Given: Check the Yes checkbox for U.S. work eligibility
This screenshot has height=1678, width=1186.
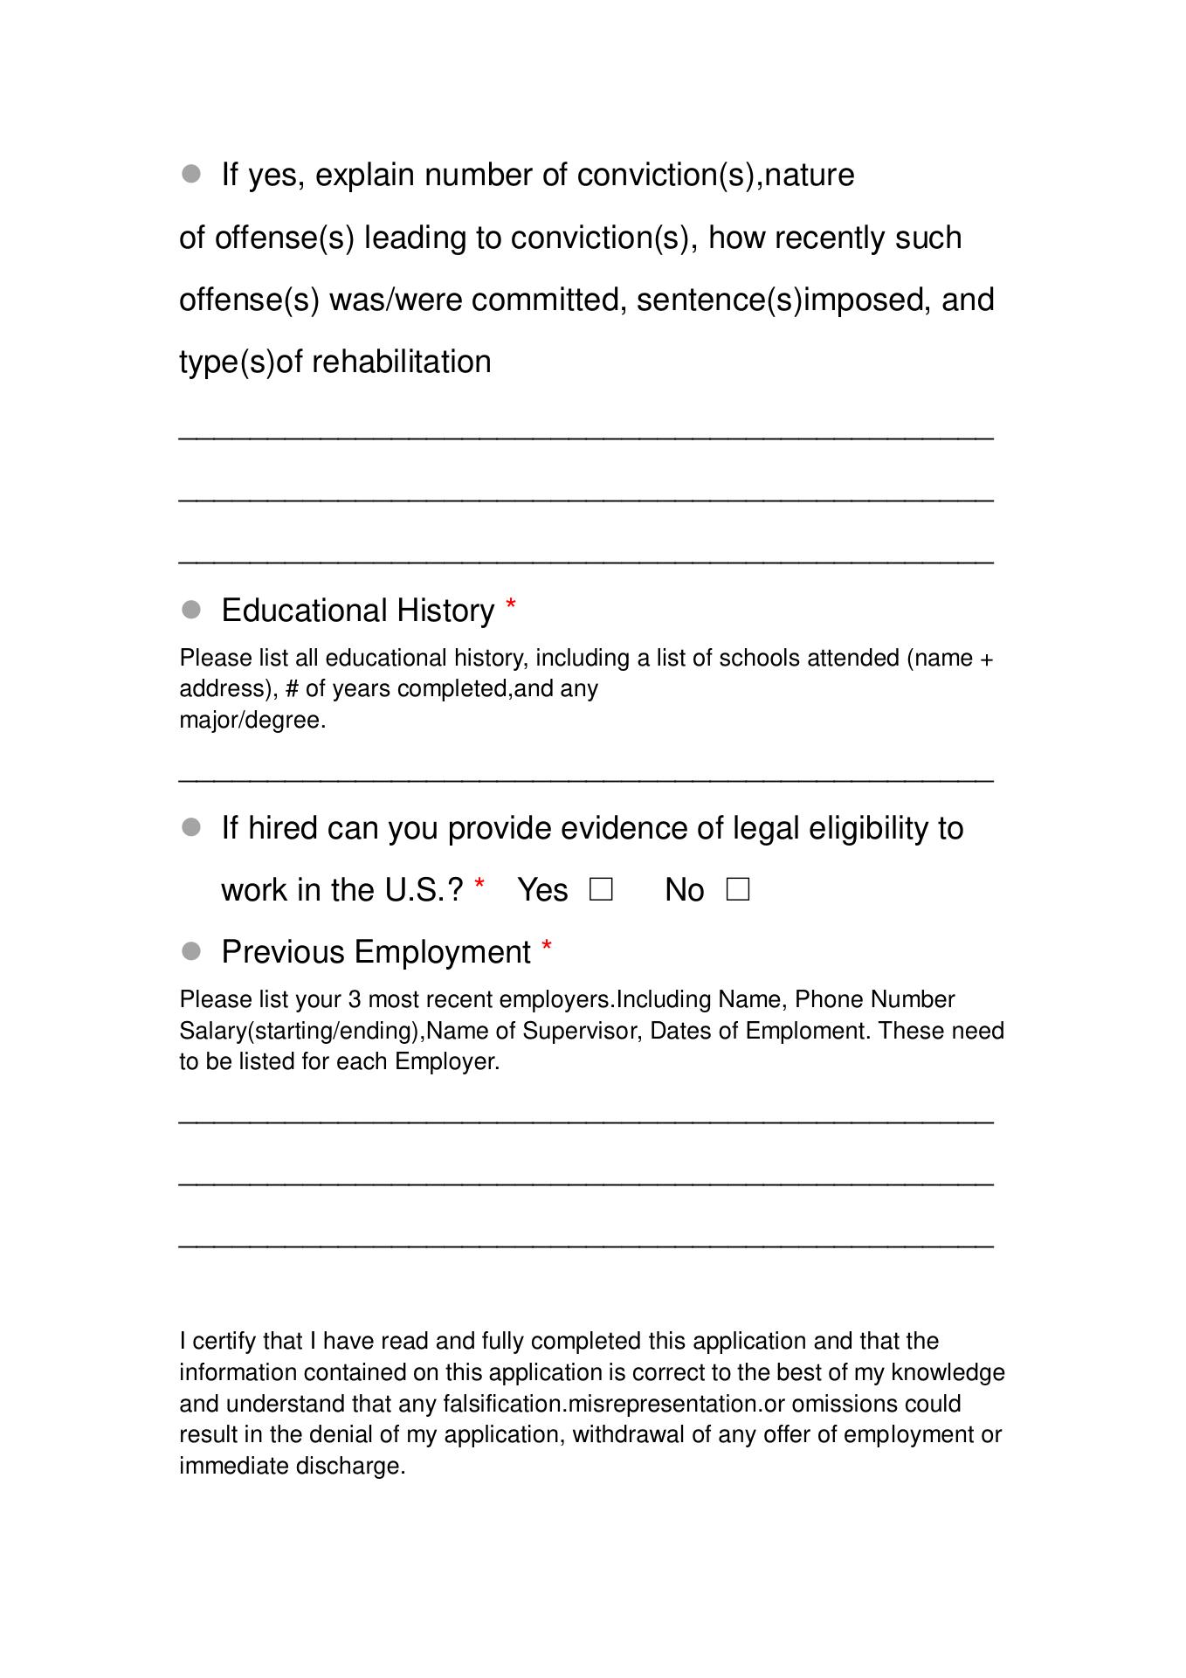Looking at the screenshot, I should point(601,890).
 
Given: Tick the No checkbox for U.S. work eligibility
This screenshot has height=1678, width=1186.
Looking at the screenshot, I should point(738,890).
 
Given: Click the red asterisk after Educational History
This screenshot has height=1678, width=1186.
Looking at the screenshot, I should point(511,605).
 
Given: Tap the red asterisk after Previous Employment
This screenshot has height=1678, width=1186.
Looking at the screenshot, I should point(547,947).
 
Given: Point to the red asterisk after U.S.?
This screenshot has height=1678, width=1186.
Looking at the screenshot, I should point(479,886).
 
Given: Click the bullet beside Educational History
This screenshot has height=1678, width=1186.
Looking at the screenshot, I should point(191,610).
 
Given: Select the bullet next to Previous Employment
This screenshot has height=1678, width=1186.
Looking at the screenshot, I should point(191,950).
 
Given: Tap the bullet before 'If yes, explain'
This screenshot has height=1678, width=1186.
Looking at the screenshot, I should point(191,174).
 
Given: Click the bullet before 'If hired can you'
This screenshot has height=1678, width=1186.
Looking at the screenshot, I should point(191,827).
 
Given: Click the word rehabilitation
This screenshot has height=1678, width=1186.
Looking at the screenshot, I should point(402,362).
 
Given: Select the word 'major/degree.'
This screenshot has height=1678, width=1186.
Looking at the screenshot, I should point(252,721).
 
